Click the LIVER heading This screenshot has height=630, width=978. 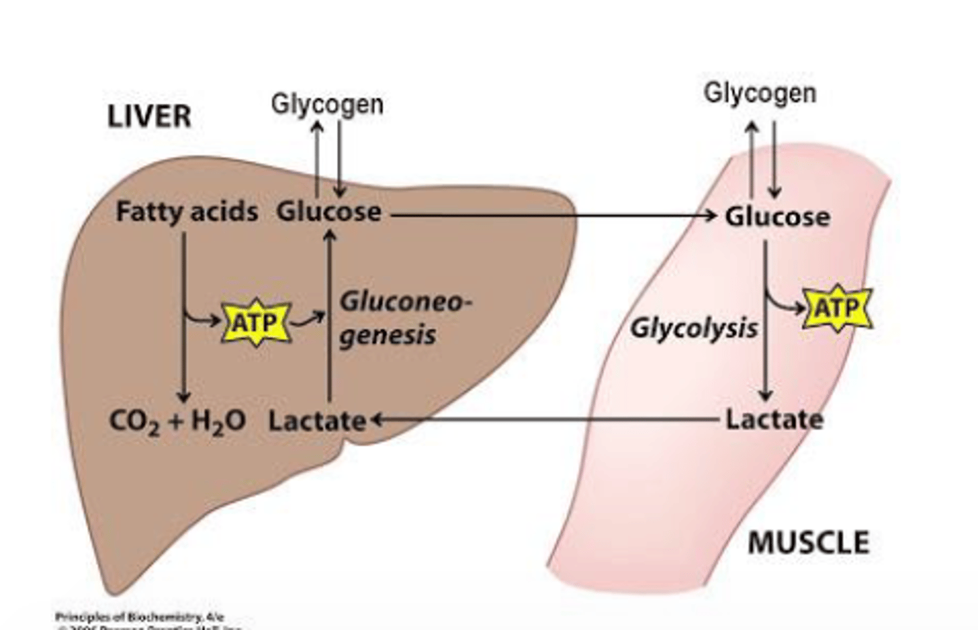pyautogui.click(x=149, y=117)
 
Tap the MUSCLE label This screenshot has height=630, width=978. pyautogui.click(x=808, y=543)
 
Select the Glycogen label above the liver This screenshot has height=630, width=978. pyautogui.click(x=327, y=105)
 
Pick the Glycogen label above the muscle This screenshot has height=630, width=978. pyautogui.click(x=759, y=93)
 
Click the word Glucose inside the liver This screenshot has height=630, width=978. pyautogui.click(x=329, y=212)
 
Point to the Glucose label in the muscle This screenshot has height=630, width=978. pyautogui.click(x=777, y=217)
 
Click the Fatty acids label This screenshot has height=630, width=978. pyautogui.click(x=187, y=212)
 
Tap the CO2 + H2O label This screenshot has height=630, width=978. pyautogui.click(x=177, y=421)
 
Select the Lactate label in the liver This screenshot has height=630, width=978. pyautogui.click(x=316, y=421)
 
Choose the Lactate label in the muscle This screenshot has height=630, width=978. pyautogui.click(x=774, y=419)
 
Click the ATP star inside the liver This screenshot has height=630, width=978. pyautogui.click(x=256, y=322)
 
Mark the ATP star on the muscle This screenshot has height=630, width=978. pyautogui.click(x=837, y=309)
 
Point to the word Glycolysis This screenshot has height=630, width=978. pyautogui.click(x=693, y=328)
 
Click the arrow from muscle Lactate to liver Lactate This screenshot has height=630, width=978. pyautogui.click(x=543, y=419)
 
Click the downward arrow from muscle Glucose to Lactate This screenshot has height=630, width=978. pyautogui.click(x=765, y=353)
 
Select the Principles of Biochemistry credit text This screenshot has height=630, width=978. pyautogui.click(x=139, y=617)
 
